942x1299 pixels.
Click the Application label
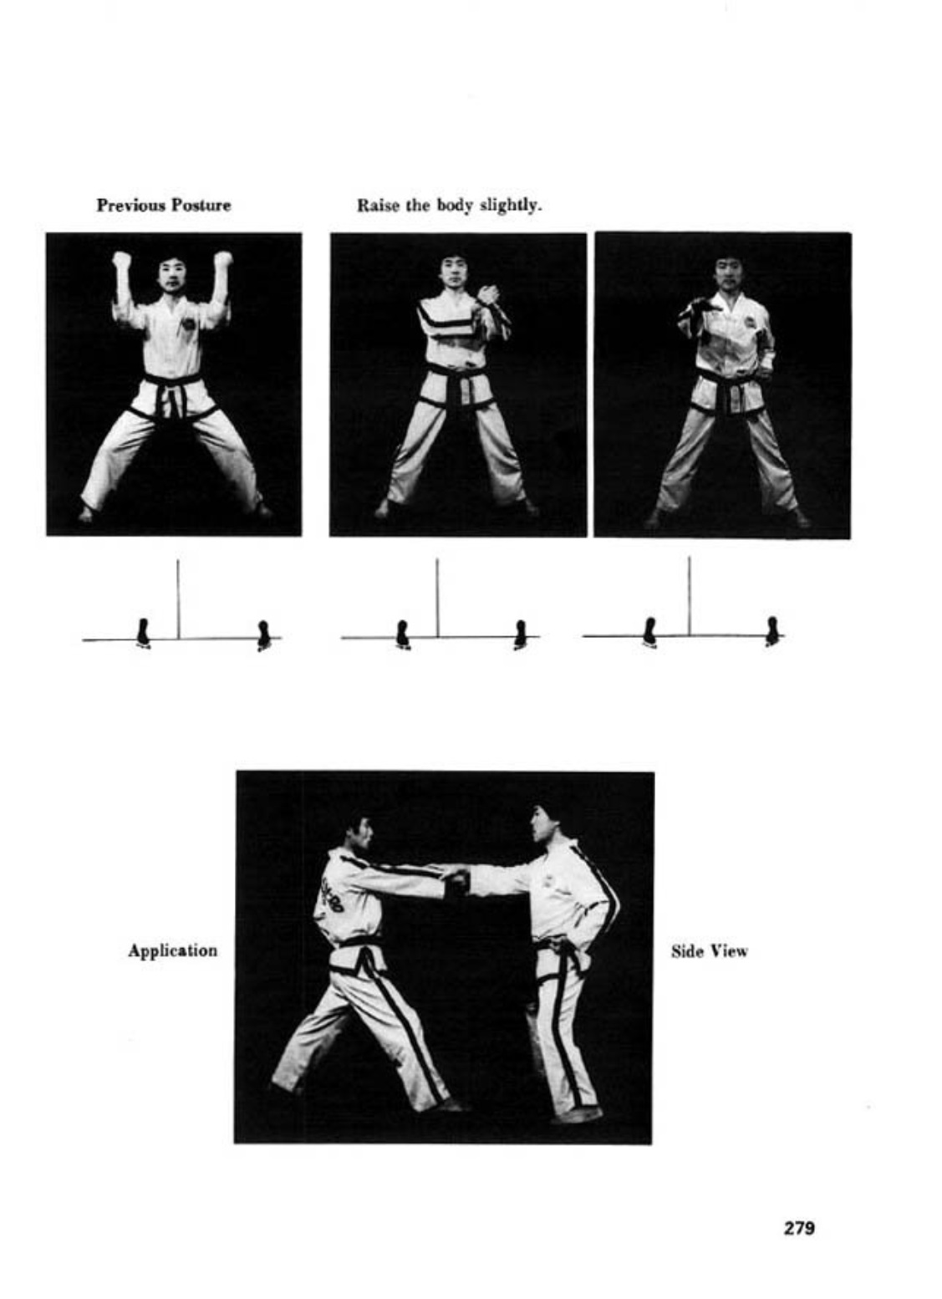(x=173, y=951)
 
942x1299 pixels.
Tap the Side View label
(x=710, y=951)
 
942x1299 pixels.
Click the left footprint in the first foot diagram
(x=143, y=633)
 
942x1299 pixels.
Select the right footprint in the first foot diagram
(x=264, y=635)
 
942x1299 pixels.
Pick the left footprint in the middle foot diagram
(x=402, y=634)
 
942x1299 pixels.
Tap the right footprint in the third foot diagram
(x=772, y=631)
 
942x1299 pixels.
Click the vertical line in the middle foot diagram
(x=437, y=598)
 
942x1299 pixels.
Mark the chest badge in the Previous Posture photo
(x=188, y=323)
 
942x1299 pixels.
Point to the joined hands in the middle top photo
(x=488, y=295)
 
